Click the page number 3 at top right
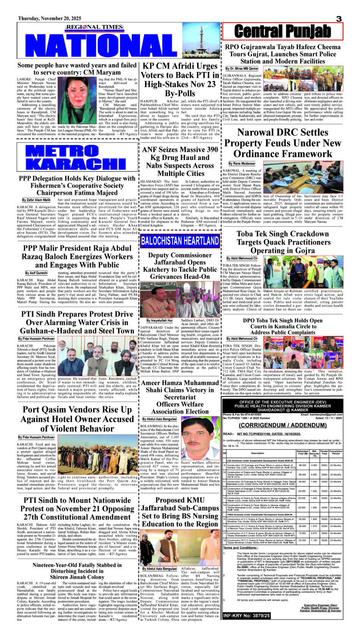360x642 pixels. pos(339,19)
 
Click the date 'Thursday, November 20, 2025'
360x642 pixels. pos(50,18)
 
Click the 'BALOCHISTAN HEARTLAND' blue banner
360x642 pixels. pos(180,241)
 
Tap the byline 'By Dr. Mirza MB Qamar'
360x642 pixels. pos(242,69)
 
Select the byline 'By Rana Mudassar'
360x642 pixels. pos(242,164)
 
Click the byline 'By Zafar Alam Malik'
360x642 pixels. pos(36,200)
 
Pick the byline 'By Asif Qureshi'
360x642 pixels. pos(36,273)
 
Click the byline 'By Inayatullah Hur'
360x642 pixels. pos(160,320)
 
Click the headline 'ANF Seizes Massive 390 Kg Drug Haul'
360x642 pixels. pos(180,161)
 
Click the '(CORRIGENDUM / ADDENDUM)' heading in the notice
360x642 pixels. pos(283,425)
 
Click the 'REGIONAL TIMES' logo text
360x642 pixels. pos(94,27)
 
